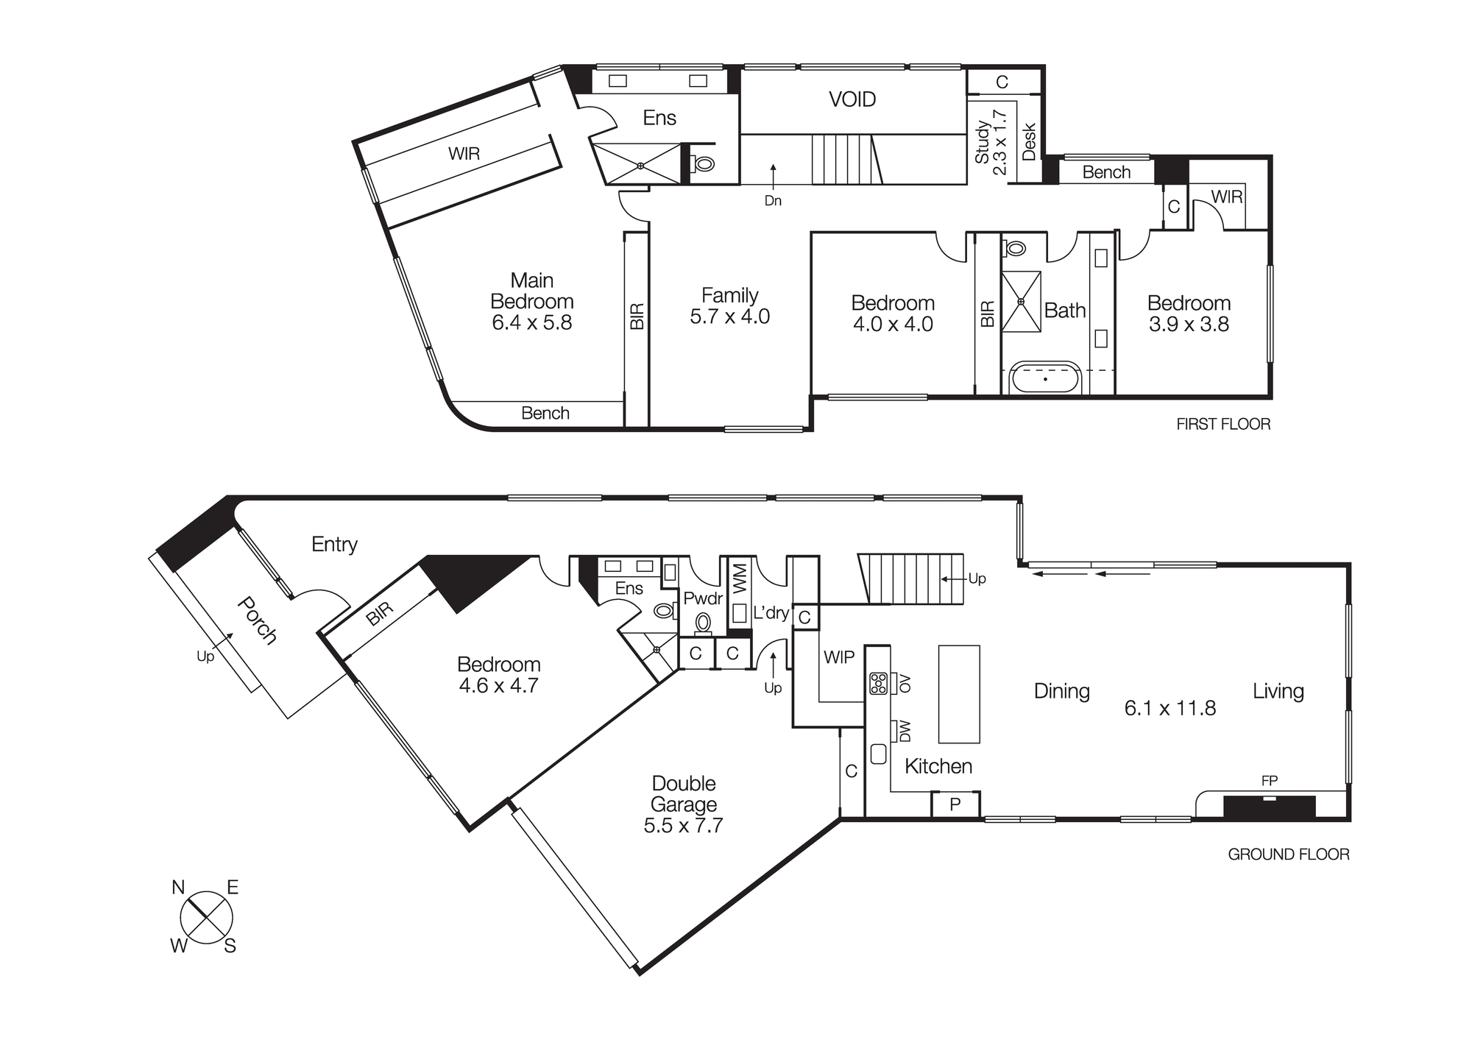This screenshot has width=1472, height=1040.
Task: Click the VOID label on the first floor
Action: click(x=852, y=99)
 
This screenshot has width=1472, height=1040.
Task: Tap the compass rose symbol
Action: click(x=206, y=918)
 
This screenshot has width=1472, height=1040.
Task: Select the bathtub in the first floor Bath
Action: click(x=1045, y=379)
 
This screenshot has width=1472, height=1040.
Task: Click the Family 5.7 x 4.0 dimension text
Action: click(x=729, y=316)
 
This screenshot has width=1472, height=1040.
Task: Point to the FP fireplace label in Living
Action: click(x=1269, y=781)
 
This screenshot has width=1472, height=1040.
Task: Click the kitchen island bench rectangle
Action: click(x=958, y=694)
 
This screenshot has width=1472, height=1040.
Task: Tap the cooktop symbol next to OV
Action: click(x=878, y=683)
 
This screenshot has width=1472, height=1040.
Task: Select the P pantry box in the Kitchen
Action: click(x=955, y=804)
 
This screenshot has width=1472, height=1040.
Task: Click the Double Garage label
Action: click(x=684, y=793)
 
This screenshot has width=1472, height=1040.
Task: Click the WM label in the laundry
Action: click(x=740, y=579)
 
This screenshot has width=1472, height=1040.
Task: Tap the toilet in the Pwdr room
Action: click(x=704, y=623)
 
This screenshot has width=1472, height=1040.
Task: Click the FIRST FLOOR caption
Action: click(x=1222, y=424)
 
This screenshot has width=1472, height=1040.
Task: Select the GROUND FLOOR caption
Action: click(x=1288, y=855)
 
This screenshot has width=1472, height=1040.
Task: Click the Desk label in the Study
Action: click(x=1029, y=141)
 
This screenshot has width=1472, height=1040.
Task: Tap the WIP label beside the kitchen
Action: click(x=838, y=657)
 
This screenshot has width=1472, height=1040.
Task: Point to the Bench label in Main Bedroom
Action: click(x=545, y=413)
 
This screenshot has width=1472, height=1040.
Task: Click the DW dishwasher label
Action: click(x=905, y=731)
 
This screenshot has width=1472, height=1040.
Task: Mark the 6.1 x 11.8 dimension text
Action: click(x=1170, y=708)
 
